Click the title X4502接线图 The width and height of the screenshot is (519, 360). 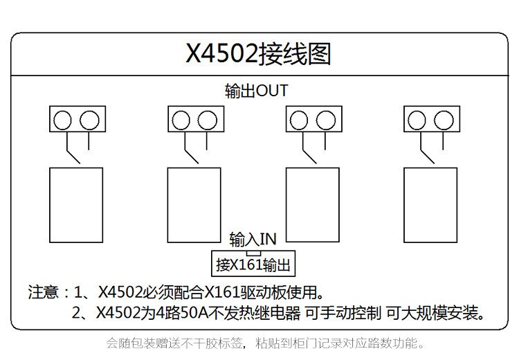(258, 53)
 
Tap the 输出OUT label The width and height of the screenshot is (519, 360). (256, 91)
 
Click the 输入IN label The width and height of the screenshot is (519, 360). (253, 240)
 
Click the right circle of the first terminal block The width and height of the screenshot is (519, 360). (89, 120)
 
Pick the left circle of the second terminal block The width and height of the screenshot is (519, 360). (181, 120)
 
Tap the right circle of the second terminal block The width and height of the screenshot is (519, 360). (208, 120)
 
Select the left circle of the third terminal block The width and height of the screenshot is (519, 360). (299, 120)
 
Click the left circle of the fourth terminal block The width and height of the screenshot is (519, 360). (417, 120)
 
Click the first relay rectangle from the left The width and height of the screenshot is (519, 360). (76, 204)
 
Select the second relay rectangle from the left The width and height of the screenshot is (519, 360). (194, 204)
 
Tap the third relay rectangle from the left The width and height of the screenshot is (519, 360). (313, 204)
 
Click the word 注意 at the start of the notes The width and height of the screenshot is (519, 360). (42, 291)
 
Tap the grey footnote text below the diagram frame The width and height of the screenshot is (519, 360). (264, 343)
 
